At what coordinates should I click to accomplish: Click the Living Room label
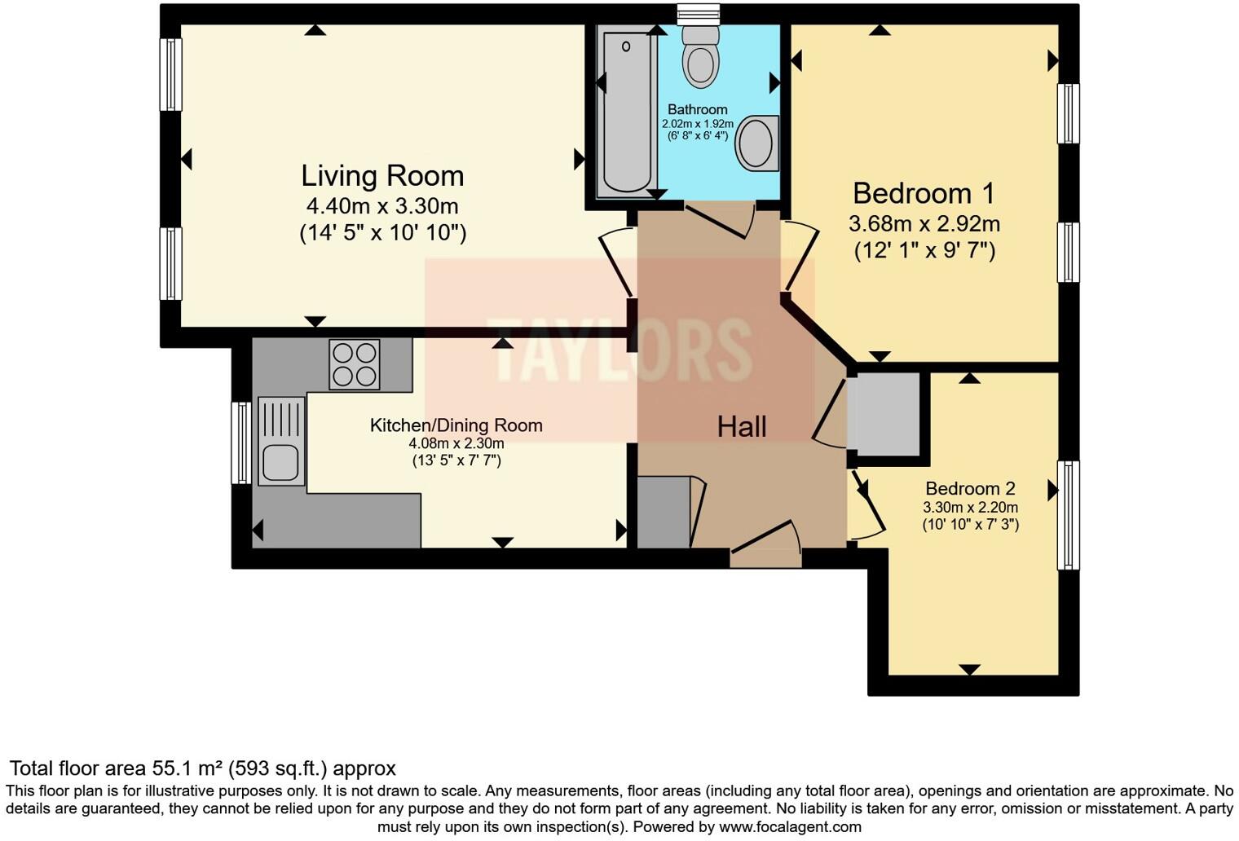point(382,176)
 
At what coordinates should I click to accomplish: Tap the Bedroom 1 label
point(924,193)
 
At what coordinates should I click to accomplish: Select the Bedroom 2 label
point(970,488)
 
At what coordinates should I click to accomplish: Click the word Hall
point(742,426)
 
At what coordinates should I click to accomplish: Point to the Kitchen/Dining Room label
point(456,425)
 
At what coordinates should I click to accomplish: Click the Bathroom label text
point(697,109)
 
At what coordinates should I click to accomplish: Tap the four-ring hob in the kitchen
point(355,363)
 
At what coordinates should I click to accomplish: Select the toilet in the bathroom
point(699,54)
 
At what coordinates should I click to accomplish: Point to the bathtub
point(627,110)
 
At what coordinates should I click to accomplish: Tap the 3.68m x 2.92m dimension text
point(924,223)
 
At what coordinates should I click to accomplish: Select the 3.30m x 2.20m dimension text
point(970,507)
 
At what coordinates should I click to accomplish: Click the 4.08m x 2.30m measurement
point(456,443)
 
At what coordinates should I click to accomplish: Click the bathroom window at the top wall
point(699,12)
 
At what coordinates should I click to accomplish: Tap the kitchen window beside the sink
point(241,443)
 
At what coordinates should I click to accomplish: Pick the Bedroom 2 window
point(1068,515)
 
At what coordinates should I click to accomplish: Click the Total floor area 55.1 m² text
point(202,768)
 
